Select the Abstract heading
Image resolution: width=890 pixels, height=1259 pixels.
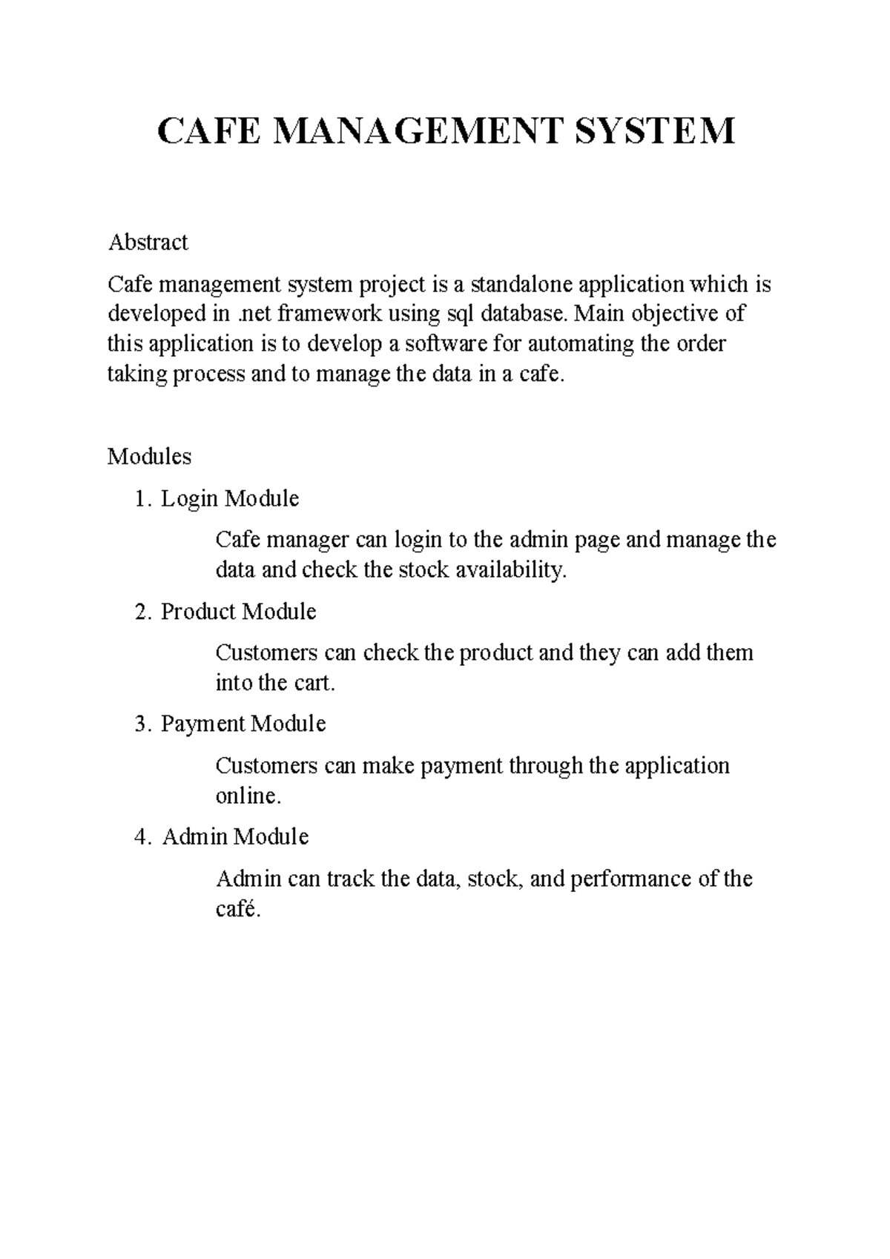click(148, 242)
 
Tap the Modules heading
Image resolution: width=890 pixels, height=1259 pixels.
click(149, 456)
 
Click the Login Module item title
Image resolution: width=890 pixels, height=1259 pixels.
click(230, 499)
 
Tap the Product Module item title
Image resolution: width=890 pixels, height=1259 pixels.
click(238, 612)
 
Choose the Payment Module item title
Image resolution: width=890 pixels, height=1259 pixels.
click(243, 724)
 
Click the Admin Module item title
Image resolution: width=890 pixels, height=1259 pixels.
click(235, 837)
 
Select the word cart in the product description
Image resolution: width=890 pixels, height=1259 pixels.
click(317, 683)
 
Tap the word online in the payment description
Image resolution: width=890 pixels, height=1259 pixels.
click(248, 796)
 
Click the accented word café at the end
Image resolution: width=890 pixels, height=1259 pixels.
click(237, 909)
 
